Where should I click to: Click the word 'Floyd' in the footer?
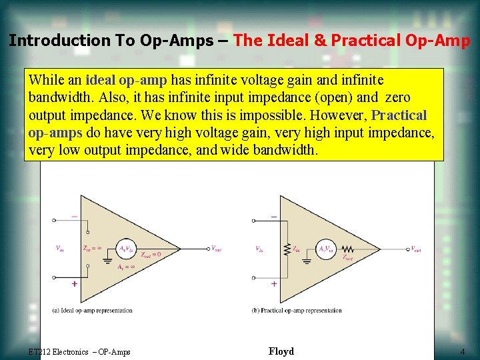pos(281,351)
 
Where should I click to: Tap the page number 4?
pos(462,351)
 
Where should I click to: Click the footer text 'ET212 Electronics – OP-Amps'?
pos(79,352)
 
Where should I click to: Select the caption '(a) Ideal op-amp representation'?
pos(92,310)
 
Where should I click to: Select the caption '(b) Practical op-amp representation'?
pos(297,310)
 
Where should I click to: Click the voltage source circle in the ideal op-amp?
pos(126,249)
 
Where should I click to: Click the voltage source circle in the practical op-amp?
pos(327,249)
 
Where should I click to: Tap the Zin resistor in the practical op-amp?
pos(287,249)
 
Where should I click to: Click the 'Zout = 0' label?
pos(150,254)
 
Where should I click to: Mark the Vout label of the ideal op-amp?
pos(217,249)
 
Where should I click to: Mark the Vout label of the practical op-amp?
pos(416,249)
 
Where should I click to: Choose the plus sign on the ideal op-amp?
pos(74,283)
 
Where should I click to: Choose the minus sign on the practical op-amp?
pos(274,217)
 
